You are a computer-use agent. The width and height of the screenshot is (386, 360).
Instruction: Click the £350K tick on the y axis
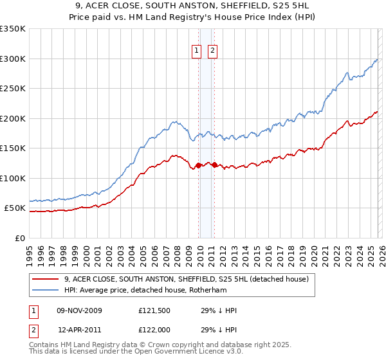tap(13, 29)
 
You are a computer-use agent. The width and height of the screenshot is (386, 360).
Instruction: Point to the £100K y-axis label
tap(13, 178)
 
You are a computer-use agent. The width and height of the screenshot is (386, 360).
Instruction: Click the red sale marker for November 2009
tap(198, 165)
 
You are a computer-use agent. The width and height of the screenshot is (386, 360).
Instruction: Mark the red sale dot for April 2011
tap(214, 165)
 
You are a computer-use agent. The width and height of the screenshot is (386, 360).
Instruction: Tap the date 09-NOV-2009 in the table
tap(79, 310)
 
